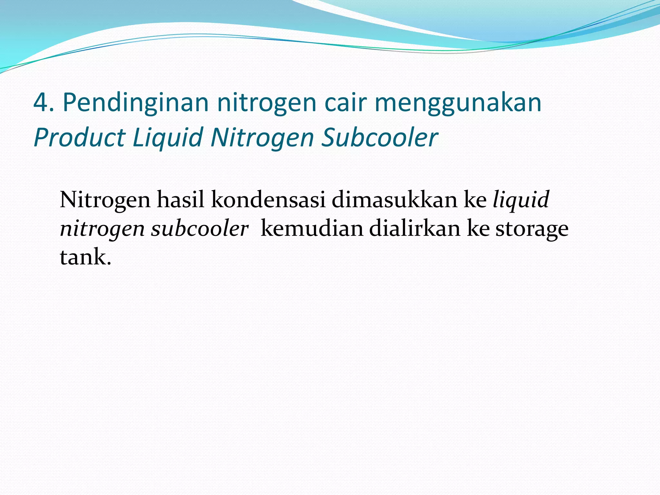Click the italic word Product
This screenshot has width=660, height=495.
pyautogui.click(x=79, y=138)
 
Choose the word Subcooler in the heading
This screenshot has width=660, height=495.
pyautogui.click(x=380, y=138)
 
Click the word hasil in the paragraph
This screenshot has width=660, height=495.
pyautogui.click(x=180, y=199)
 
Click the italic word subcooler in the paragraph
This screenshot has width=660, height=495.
pyautogui.click(x=200, y=228)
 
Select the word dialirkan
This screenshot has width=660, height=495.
pyautogui.click(x=415, y=228)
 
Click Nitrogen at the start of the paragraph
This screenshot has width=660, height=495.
pyautogui.click(x=105, y=200)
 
